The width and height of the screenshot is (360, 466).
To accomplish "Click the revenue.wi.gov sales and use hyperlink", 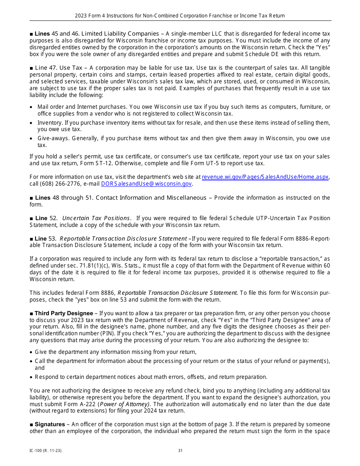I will click(x=265, y=177).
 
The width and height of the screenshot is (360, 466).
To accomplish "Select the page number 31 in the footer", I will click(x=180, y=450).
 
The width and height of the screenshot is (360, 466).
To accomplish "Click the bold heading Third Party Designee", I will click(x=64, y=313).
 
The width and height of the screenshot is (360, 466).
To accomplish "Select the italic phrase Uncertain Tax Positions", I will click(x=96, y=218).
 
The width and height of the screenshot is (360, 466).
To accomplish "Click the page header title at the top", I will click(x=180, y=16).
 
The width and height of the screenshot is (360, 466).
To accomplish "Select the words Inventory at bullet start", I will click(x=50, y=123).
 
